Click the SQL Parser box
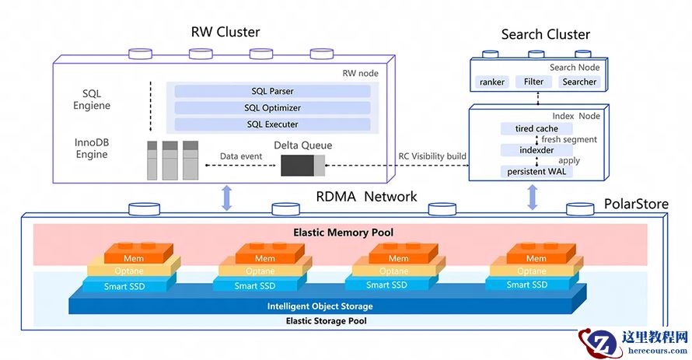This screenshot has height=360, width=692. click(x=272, y=91)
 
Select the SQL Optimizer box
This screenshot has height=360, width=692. click(x=272, y=108)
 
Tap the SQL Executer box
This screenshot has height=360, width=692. click(x=272, y=124)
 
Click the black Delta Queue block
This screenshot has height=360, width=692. click(x=297, y=165)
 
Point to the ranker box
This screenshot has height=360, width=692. click(x=492, y=82)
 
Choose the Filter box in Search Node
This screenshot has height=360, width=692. click(x=534, y=82)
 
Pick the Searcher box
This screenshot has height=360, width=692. click(x=579, y=82)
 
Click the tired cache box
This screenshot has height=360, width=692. click(x=536, y=128)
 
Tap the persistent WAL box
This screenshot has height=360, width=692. click(x=537, y=171)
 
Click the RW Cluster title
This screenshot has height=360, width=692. click(x=225, y=32)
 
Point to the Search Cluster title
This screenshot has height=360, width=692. click(x=545, y=34)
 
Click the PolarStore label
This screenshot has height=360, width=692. click(x=637, y=204)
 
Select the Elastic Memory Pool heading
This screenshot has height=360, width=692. click(x=343, y=232)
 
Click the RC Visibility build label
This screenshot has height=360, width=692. click(x=432, y=156)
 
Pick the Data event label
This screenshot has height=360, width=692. click(x=241, y=156)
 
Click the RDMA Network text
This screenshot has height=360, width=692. click(x=366, y=197)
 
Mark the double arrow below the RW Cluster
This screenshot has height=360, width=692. click(x=227, y=197)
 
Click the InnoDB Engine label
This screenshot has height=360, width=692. click(x=92, y=149)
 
